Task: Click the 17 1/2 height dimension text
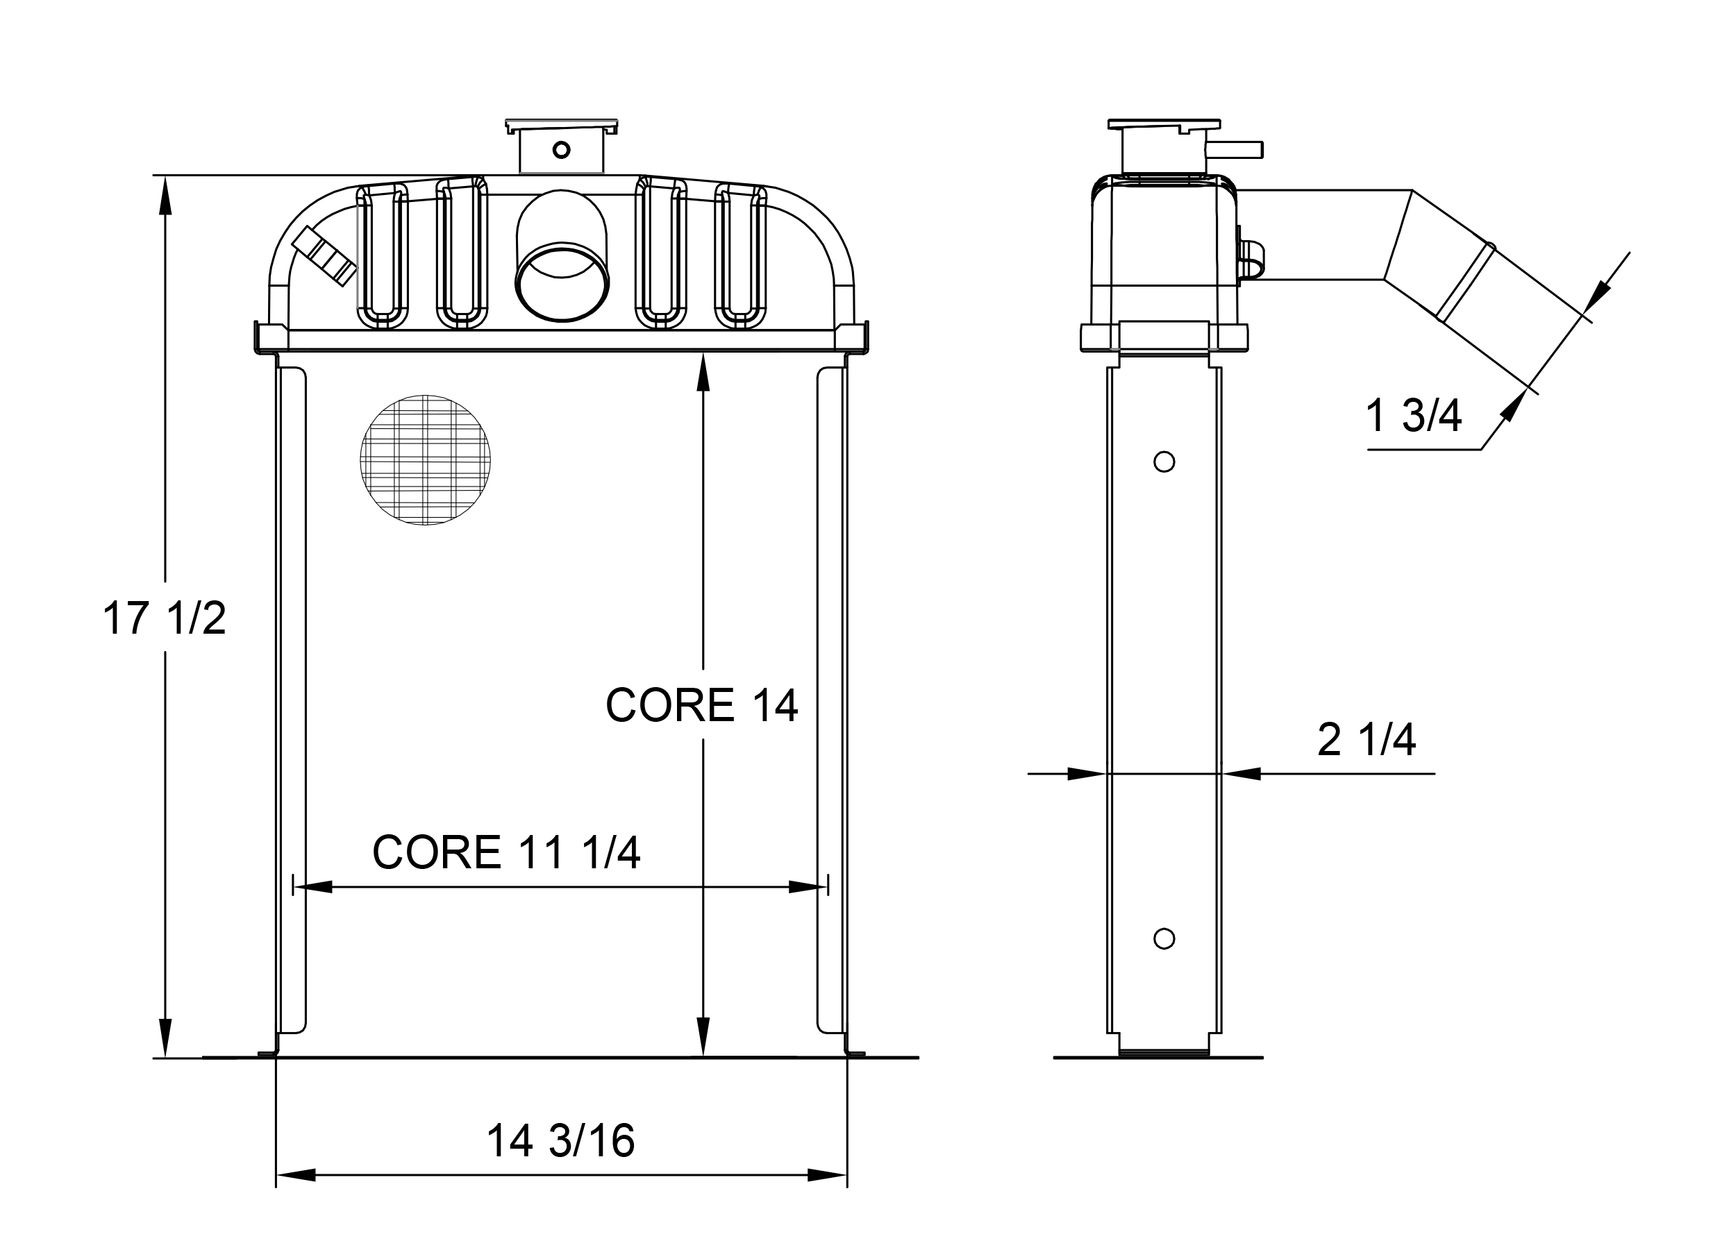164,618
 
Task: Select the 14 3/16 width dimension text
560,1141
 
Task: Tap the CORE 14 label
701,706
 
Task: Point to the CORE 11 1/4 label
505,852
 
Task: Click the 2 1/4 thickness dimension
1366,740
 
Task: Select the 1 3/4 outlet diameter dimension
1412,416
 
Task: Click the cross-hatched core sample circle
425,460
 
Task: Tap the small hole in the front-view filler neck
561,149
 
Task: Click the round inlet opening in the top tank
562,282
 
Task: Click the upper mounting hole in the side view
1164,462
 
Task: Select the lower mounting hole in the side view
1164,939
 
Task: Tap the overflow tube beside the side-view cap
1235,149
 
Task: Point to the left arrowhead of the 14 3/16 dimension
296,1175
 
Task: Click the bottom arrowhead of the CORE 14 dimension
703,1037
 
